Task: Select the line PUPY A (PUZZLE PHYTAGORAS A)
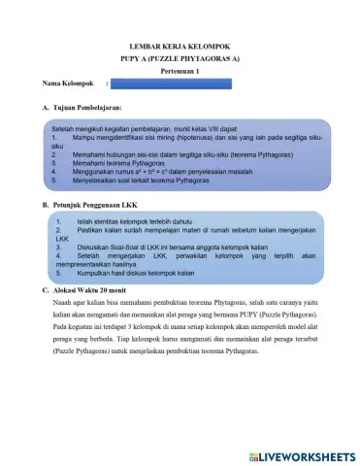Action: [x=179, y=58]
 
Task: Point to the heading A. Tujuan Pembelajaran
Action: [x=82, y=107]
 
